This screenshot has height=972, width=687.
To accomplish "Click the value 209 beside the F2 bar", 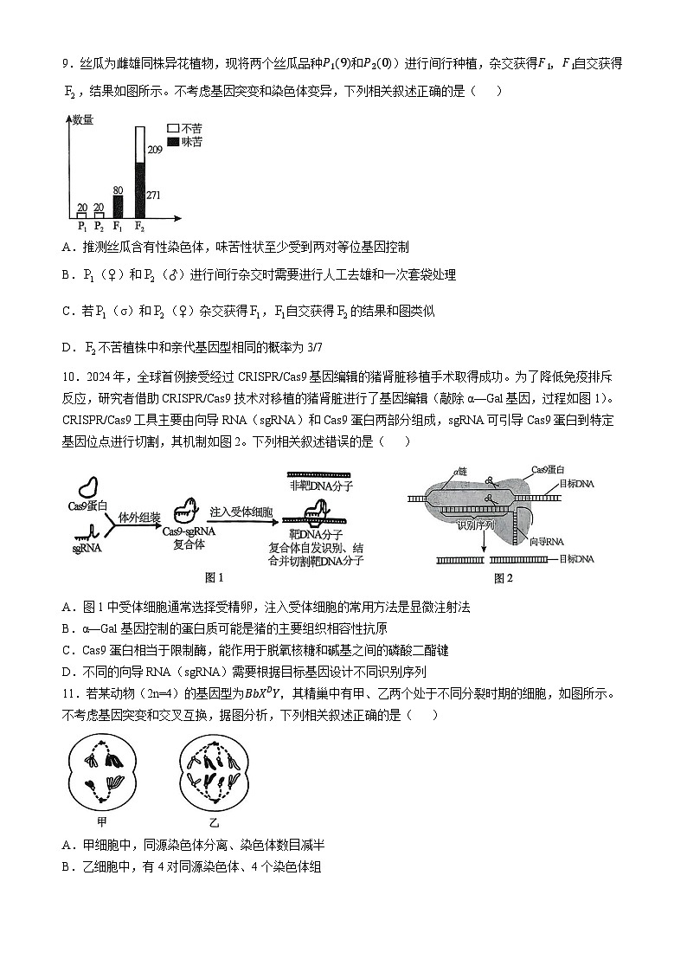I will pyautogui.click(x=155, y=150).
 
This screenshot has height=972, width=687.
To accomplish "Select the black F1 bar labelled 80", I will pyautogui.click(x=118, y=206).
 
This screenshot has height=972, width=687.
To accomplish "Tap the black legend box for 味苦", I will pyautogui.click(x=173, y=140).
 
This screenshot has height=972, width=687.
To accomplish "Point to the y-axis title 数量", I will pyautogui.click(x=83, y=119).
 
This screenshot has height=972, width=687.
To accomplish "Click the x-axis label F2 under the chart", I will pyautogui.click(x=139, y=227).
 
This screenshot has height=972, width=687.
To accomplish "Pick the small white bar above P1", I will pyautogui.click(x=81, y=215).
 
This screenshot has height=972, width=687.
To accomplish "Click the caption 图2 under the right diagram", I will pyautogui.click(x=503, y=578).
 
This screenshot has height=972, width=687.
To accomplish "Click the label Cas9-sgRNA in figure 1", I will pyautogui.click(x=189, y=532).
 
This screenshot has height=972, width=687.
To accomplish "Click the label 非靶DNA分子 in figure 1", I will pyautogui.click(x=317, y=487).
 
